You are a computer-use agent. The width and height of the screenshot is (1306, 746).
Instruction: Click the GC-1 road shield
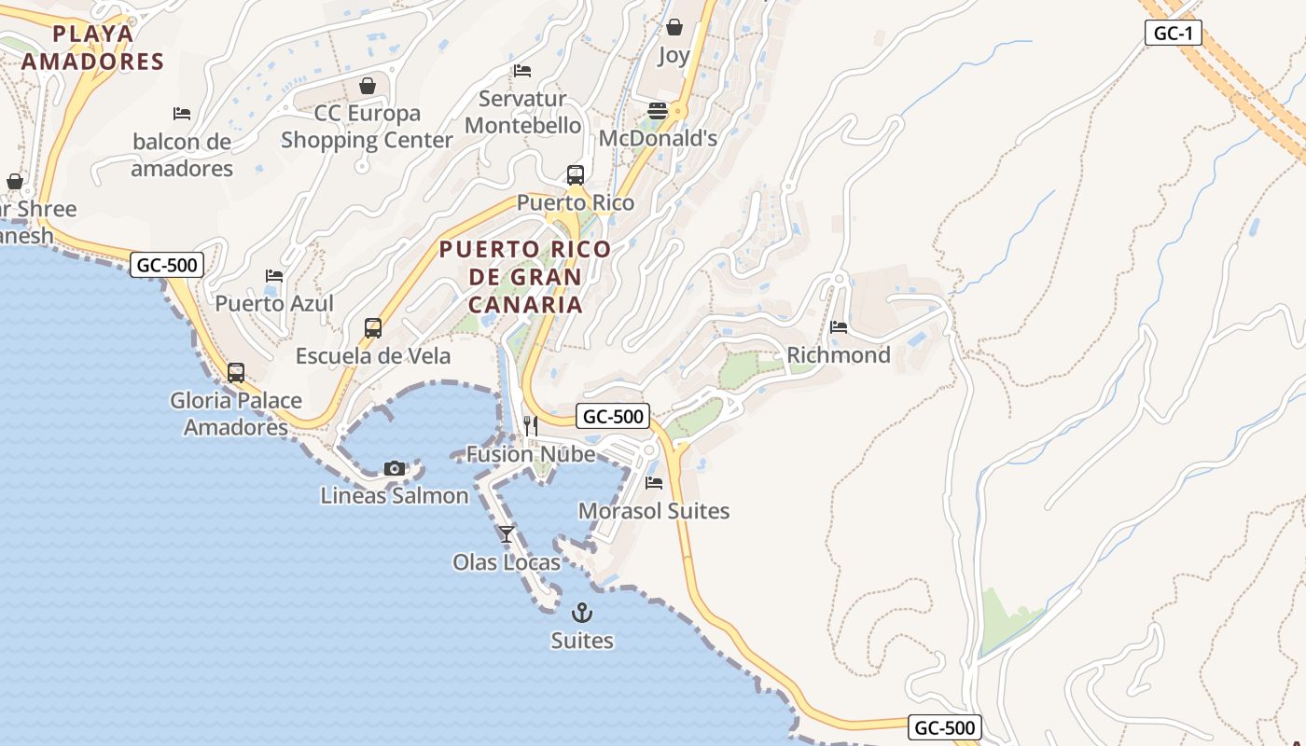coord(1173,34)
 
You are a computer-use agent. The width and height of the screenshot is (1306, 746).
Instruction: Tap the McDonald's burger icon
coord(657,111)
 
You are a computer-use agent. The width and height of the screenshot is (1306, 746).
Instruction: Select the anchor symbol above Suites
coord(582,613)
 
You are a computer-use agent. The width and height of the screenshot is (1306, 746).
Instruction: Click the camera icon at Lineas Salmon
coord(395,468)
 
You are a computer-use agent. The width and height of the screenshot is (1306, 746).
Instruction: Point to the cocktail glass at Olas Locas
coord(507,534)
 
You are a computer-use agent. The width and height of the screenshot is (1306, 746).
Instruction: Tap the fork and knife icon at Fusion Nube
coord(531,426)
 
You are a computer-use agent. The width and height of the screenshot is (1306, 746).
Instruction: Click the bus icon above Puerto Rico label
coord(576,175)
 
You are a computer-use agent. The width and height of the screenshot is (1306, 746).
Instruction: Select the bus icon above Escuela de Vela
coord(373,328)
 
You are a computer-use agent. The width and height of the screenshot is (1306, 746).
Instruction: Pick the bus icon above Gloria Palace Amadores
coord(236,373)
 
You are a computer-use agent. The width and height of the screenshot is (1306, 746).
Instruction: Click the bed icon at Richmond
coord(839,327)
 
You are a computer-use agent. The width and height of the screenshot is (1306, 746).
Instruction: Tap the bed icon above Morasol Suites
coord(654,483)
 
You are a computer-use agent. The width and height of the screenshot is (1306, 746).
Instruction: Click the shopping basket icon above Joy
coord(674,27)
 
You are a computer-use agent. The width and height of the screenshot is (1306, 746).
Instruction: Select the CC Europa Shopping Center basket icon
coord(368,86)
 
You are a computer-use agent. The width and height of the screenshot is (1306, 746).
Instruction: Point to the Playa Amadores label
coord(92,48)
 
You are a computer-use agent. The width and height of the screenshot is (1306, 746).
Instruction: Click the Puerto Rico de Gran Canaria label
coord(525,277)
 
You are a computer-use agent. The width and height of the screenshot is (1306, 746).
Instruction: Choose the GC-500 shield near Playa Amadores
coord(167,265)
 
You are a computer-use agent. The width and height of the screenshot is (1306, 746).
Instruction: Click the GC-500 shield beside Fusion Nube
coord(612,417)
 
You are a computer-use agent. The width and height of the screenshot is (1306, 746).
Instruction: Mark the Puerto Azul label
coord(274,303)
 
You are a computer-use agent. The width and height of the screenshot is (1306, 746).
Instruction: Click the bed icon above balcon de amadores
coord(182,114)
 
